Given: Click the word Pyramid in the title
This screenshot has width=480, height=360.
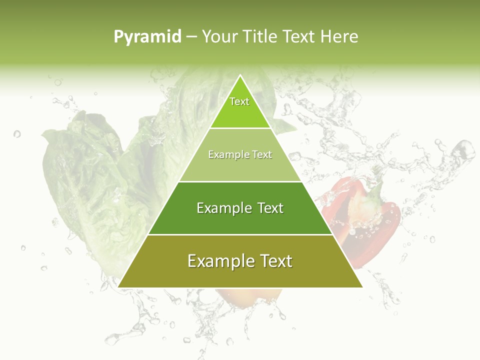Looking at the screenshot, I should click(x=147, y=37).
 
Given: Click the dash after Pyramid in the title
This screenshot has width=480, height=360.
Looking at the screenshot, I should click(x=191, y=37).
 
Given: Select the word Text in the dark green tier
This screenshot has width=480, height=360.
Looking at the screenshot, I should click(x=270, y=208).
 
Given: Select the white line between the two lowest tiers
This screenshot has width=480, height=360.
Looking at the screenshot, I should click(x=240, y=234).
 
